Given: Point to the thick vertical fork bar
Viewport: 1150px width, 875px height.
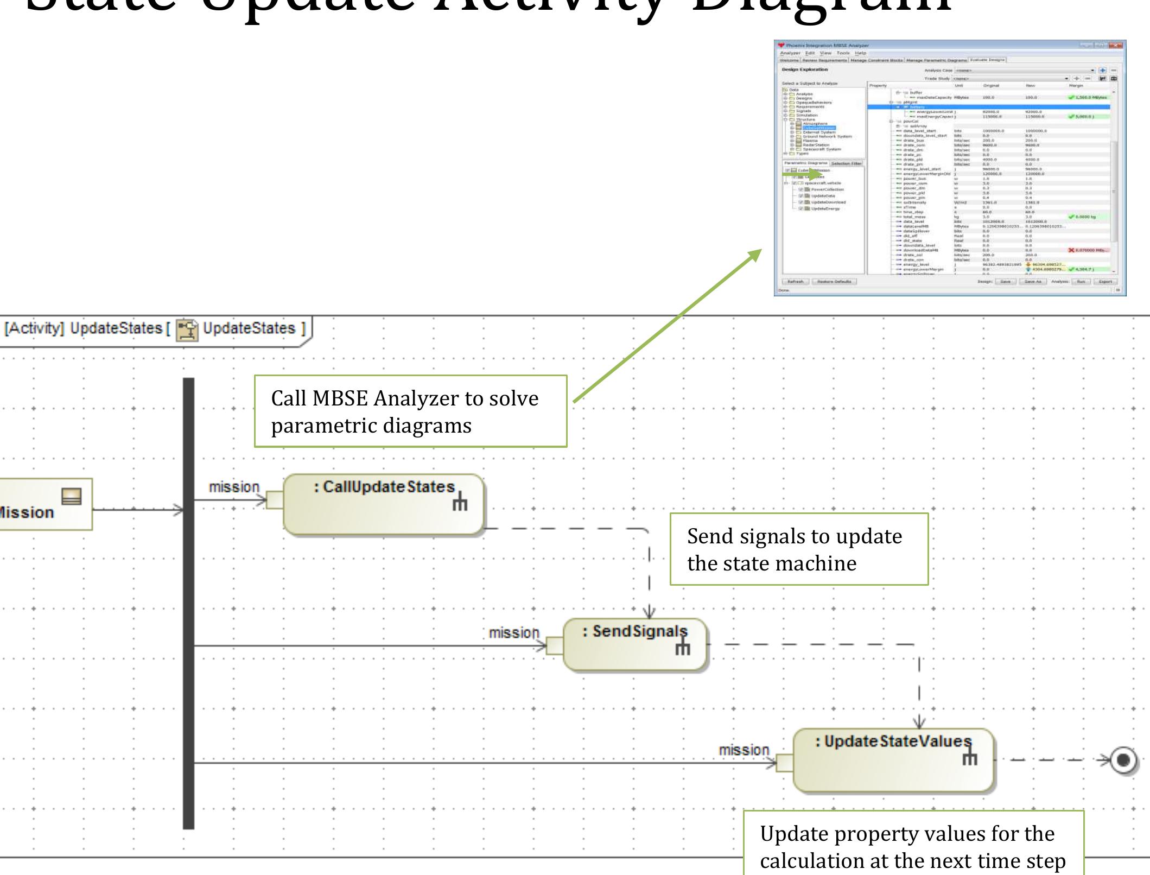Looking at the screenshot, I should (x=188, y=603).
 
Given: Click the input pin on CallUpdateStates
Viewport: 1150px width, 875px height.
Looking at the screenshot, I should (x=275, y=500).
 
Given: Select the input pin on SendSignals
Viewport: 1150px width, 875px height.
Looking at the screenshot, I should (x=555, y=646).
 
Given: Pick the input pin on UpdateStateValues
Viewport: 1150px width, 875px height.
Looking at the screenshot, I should (x=785, y=763).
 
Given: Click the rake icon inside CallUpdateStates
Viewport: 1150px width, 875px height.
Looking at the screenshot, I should (x=460, y=503).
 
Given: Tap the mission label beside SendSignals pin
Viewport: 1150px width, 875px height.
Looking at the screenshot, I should (x=514, y=633).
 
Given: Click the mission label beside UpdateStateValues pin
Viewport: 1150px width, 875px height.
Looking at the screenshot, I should (x=744, y=750).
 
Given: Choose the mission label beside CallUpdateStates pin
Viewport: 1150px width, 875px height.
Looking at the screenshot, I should (x=234, y=487).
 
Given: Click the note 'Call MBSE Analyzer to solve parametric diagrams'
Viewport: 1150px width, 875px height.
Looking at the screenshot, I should (x=410, y=411).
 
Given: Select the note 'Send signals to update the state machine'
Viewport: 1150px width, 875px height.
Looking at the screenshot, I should (x=799, y=549).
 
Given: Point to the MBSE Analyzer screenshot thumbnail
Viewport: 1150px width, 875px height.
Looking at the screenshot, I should (x=950, y=168).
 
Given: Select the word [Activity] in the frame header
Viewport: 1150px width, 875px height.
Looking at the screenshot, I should (x=34, y=328).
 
